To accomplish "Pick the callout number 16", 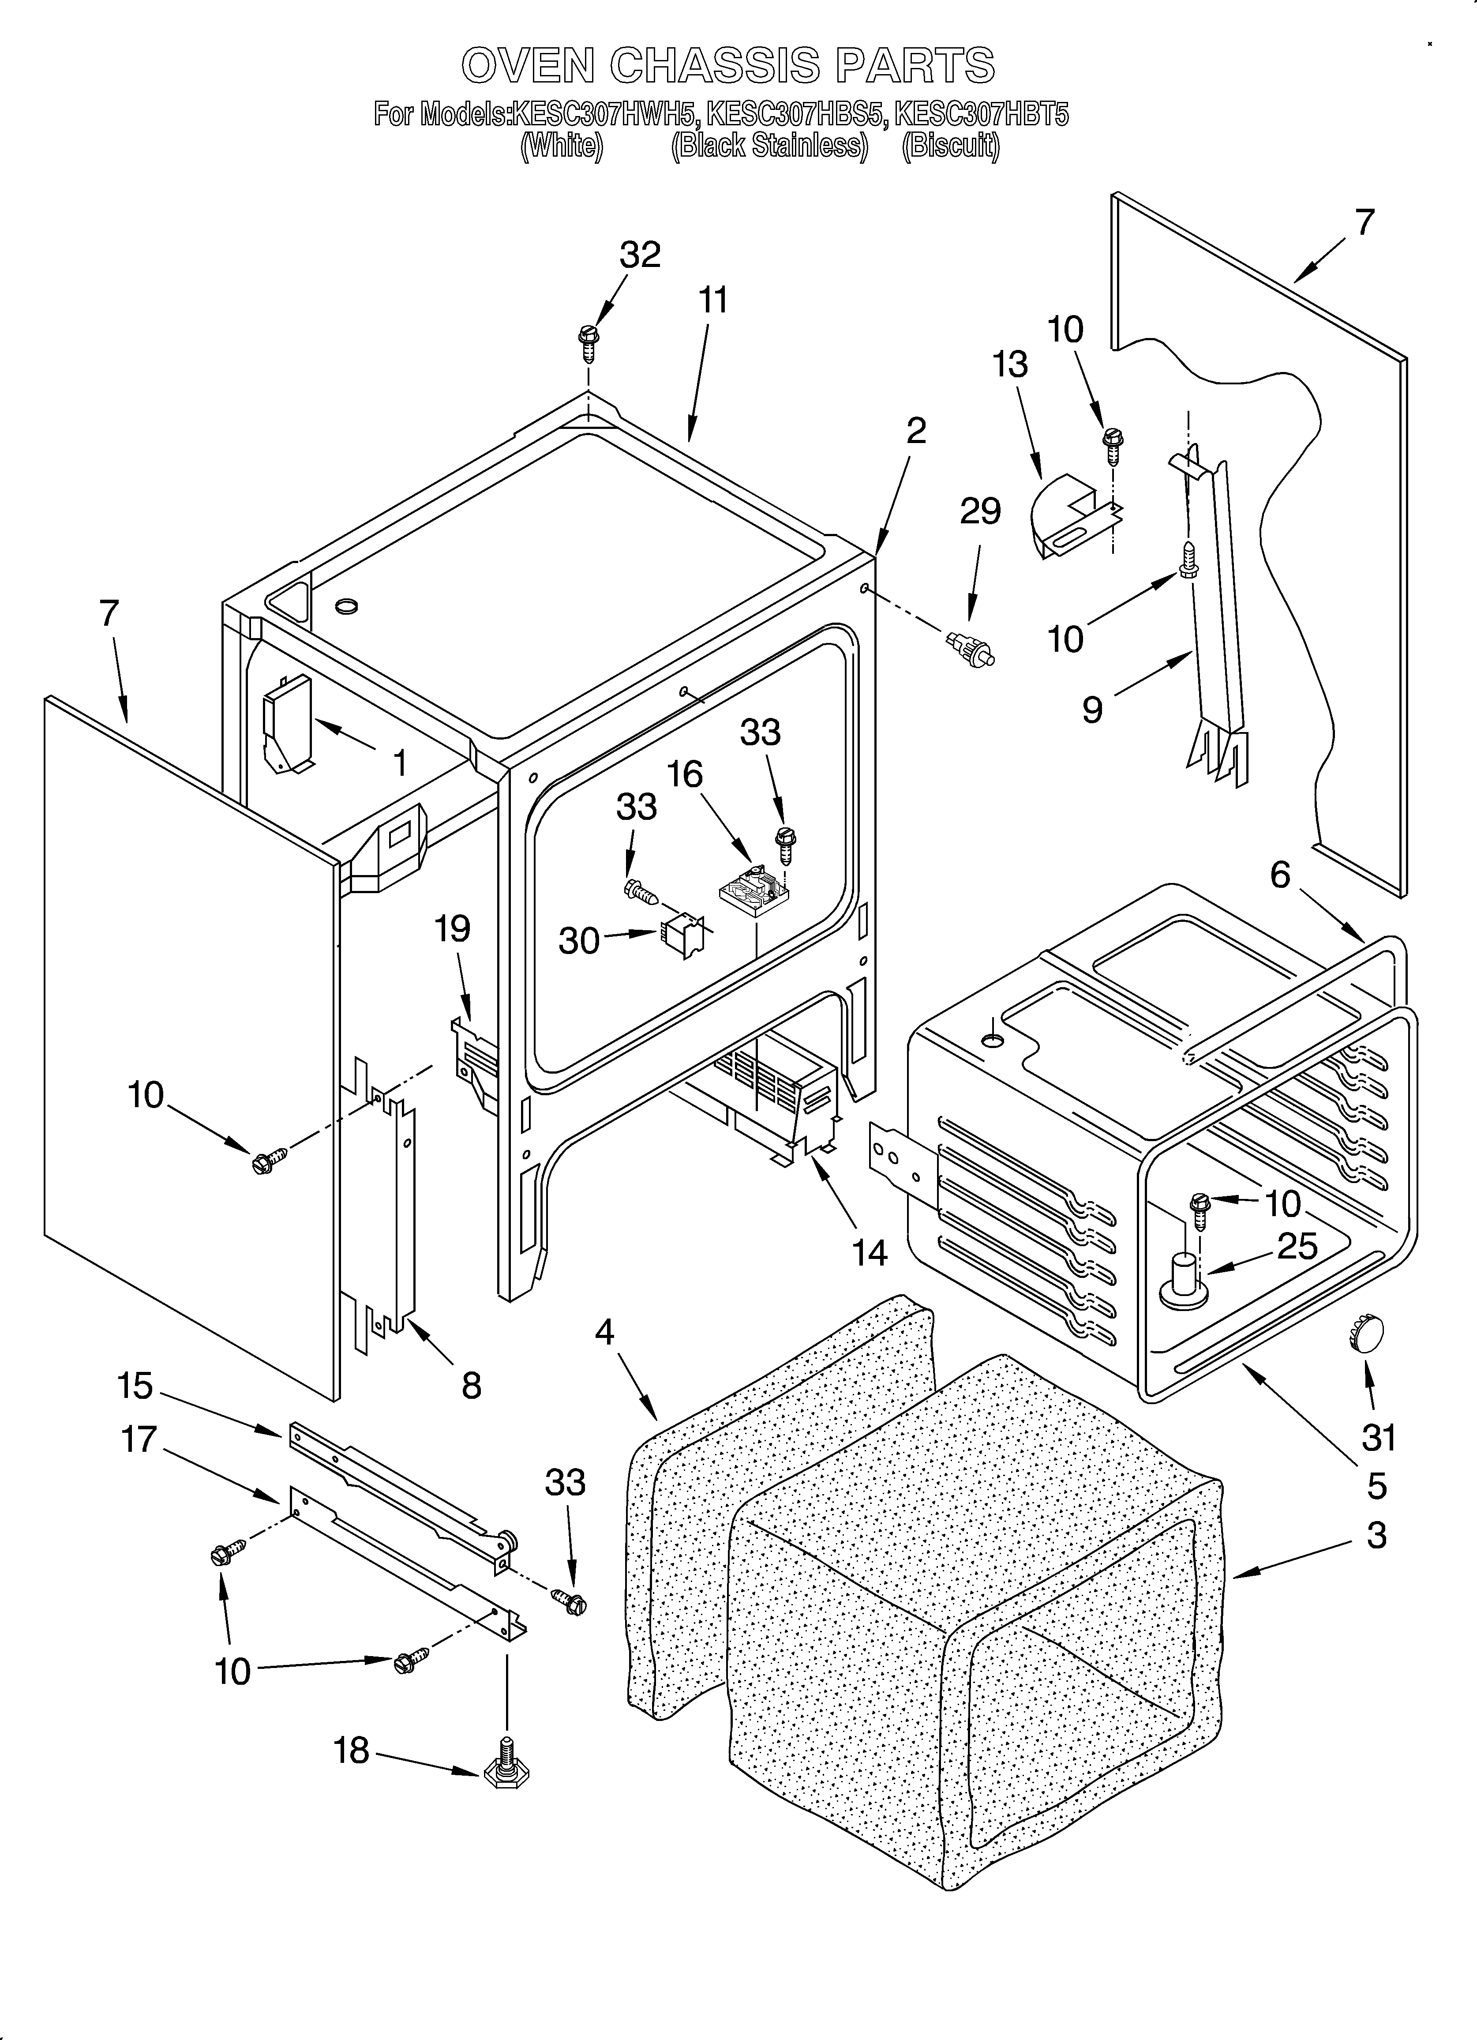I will coord(686,774).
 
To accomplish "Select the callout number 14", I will coord(869,1252).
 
